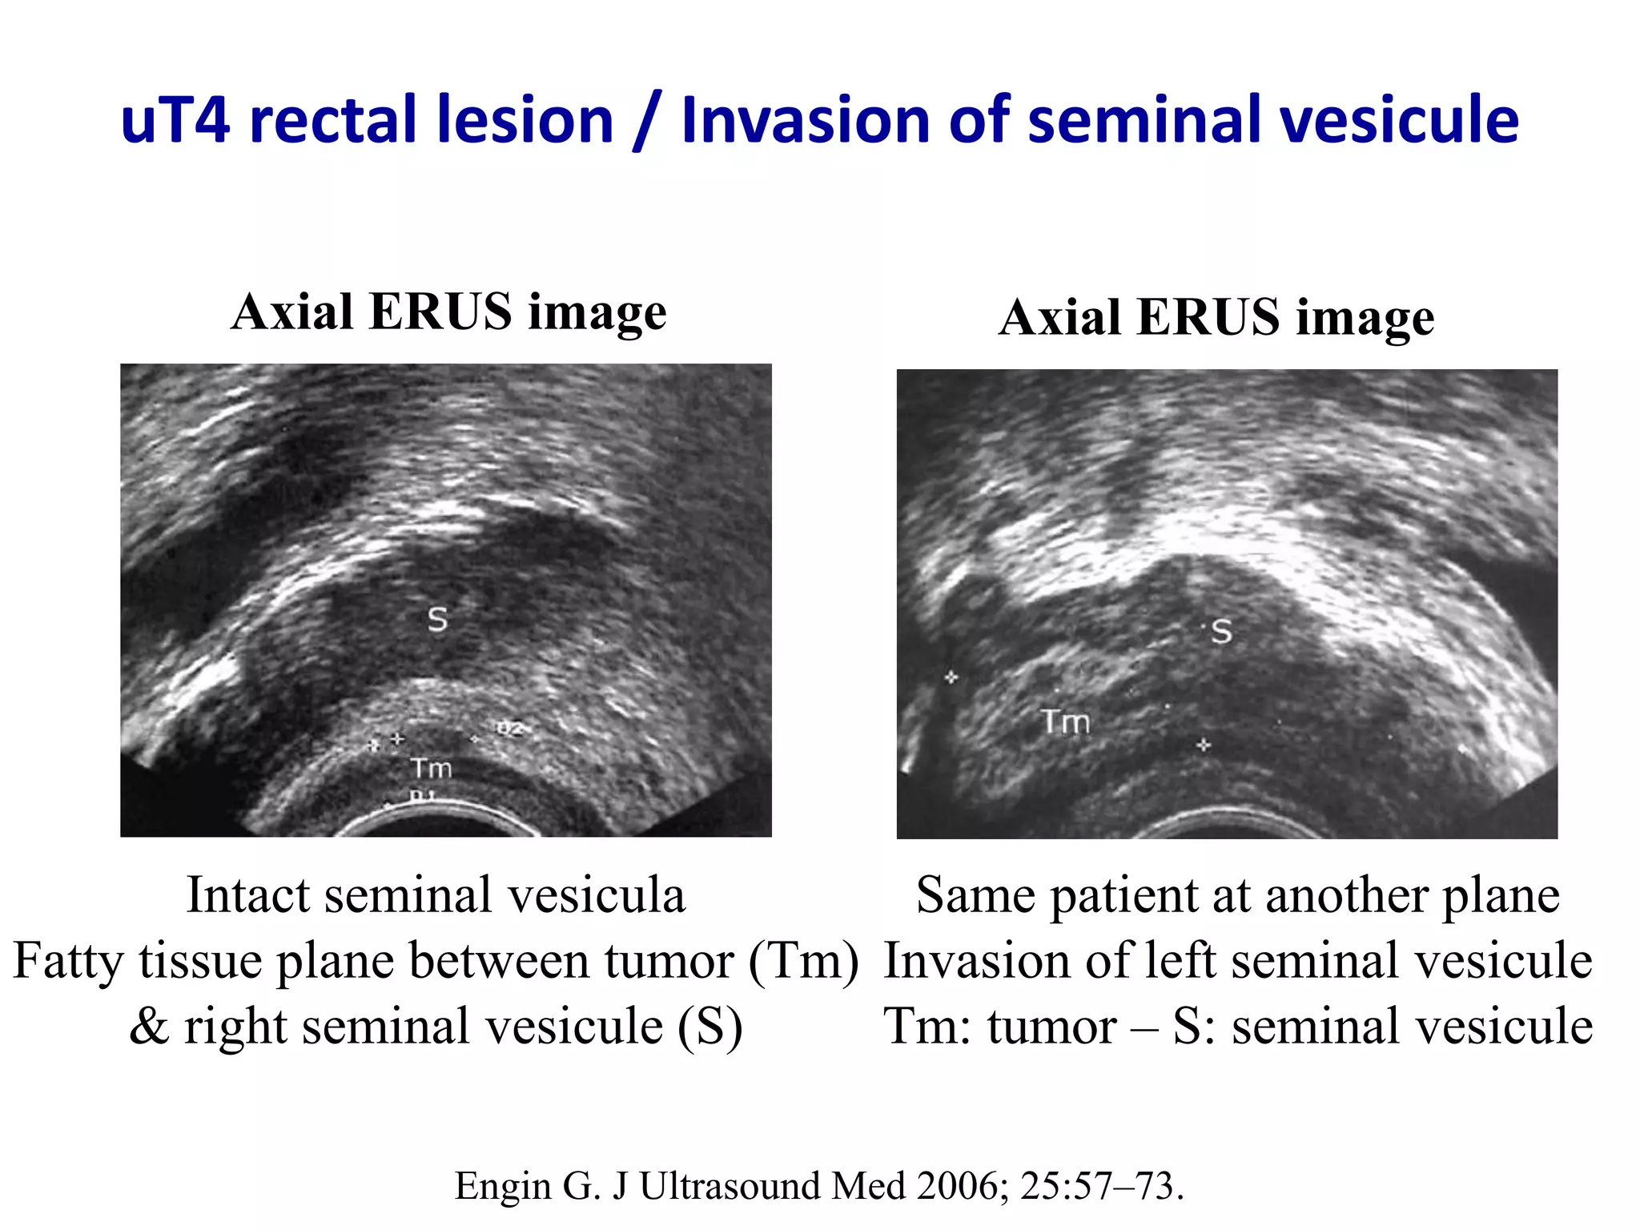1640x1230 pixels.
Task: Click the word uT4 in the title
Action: [x=175, y=120]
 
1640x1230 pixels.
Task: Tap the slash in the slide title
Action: [x=647, y=122]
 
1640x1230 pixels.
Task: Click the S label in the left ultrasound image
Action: [x=437, y=619]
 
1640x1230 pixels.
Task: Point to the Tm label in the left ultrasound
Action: [x=432, y=769]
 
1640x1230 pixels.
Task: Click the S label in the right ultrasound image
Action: [x=1221, y=632]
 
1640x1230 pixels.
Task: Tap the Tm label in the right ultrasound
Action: [x=1066, y=722]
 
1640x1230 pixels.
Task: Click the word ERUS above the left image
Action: [x=440, y=312]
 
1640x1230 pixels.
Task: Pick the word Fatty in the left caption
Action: [x=68, y=960]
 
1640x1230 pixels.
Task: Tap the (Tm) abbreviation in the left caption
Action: [x=803, y=960]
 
